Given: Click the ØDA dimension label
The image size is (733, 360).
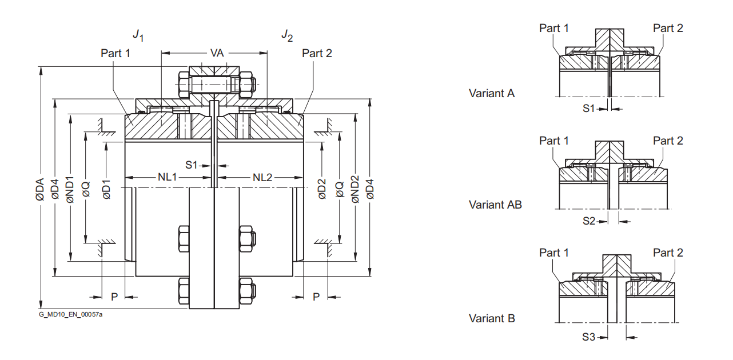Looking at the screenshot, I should click(39, 189).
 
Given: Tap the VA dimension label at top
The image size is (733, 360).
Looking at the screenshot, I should click(217, 53).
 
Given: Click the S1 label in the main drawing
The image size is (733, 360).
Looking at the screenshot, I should click(192, 165).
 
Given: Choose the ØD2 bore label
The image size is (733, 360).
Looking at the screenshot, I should click(322, 189).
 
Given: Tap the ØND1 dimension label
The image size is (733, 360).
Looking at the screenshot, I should click(70, 189).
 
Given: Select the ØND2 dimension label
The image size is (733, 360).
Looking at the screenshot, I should click(354, 189).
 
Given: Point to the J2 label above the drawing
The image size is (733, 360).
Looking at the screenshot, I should click(287, 36).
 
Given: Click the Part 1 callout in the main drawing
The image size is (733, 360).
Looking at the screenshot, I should click(115, 53).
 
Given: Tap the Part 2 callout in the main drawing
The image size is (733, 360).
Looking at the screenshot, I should click(317, 53).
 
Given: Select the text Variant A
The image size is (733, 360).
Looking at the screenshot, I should click(492, 93).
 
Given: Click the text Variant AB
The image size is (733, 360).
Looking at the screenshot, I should click(495, 204).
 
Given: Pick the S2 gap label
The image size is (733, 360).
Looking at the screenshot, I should click(589, 221).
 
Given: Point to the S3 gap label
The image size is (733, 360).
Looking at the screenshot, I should click(589, 337).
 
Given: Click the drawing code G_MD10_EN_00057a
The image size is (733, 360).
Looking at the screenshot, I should click(71, 314).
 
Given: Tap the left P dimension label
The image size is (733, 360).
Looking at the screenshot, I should click(114, 297).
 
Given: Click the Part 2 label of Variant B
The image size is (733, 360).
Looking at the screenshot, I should click(668, 253).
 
